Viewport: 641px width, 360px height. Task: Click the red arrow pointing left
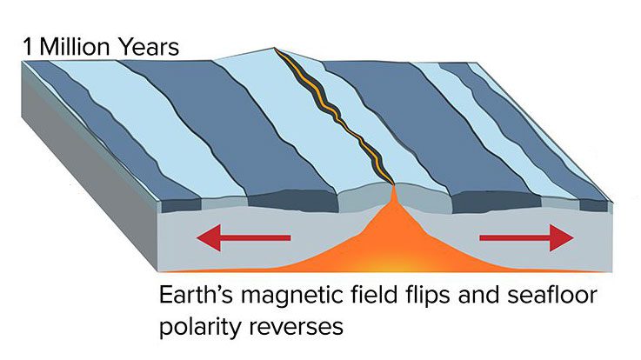[244, 237]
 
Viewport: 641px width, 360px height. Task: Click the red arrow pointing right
[526, 237]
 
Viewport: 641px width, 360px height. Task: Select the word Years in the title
[147, 47]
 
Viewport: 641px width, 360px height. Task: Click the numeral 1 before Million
[28, 47]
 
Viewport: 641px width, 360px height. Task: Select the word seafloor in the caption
[552, 295]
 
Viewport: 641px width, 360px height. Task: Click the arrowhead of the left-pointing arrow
[209, 237]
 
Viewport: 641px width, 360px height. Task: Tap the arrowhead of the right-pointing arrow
[562, 237]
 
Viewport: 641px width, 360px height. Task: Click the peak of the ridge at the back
[273, 48]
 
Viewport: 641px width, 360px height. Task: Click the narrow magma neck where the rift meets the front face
[394, 194]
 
